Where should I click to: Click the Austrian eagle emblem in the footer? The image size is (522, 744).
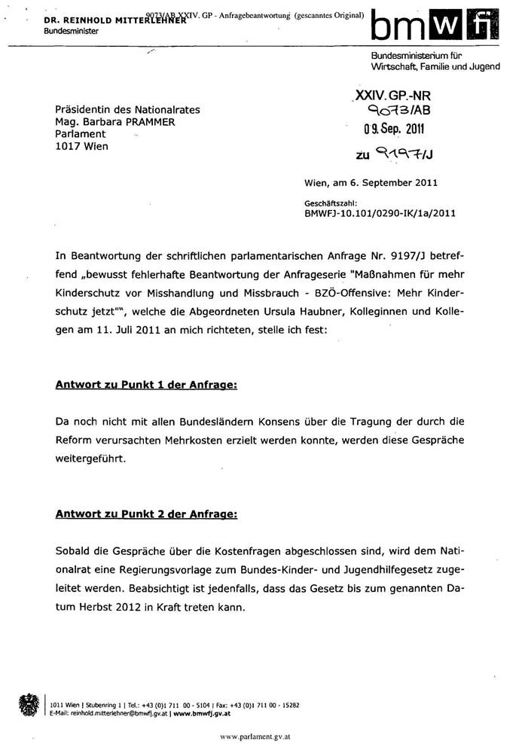click(27, 706)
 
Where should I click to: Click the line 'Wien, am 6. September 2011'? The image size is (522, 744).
click(370, 182)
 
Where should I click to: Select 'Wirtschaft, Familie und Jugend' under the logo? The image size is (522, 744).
click(435, 66)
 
